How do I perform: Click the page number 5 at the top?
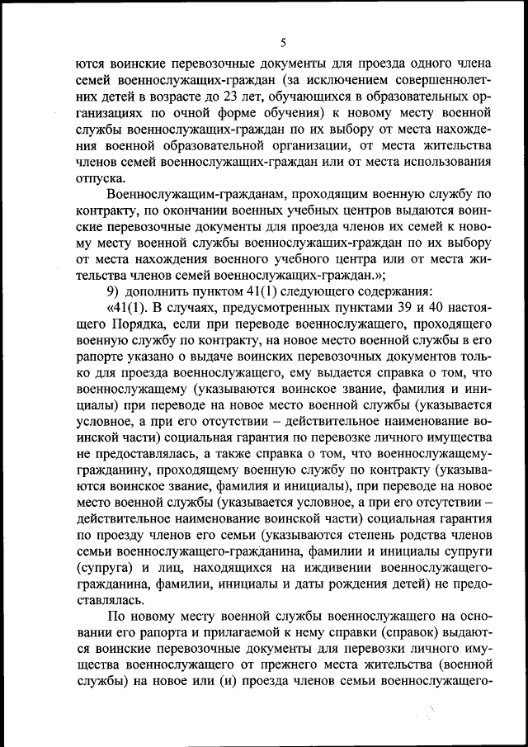[282, 43]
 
